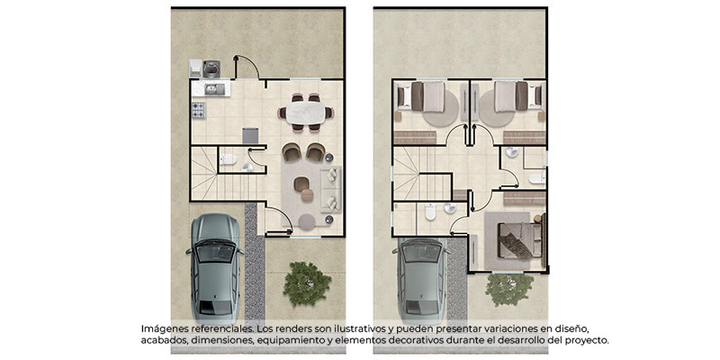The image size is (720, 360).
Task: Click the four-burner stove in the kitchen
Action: [x=199, y=110]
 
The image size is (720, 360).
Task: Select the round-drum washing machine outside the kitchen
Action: [x=211, y=69]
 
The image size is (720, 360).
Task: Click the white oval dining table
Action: [x=305, y=112]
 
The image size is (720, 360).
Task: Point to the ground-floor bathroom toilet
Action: [x=228, y=159]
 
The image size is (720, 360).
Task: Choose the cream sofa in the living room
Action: [x=331, y=189]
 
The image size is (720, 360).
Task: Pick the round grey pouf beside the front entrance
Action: [x=307, y=221]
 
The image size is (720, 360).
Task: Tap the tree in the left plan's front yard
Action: [x=307, y=283]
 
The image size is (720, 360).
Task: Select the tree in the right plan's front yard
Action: [x=509, y=289]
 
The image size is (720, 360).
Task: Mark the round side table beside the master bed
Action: [x=537, y=218]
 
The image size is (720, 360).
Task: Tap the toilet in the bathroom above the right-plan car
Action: [x=430, y=211]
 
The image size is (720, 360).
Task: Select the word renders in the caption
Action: [x=288, y=329]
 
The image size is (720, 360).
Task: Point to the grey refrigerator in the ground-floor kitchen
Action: [x=250, y=136]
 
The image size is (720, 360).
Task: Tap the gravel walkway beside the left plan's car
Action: [x=255, y=262]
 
